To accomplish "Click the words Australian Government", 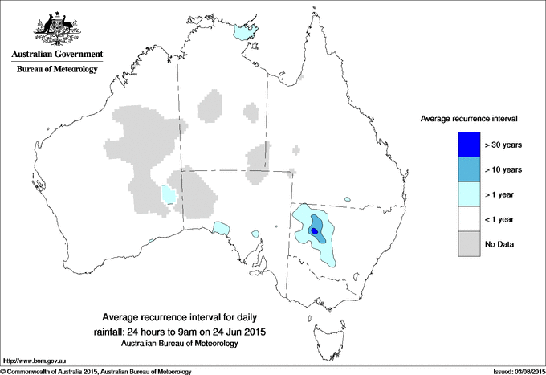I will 57,55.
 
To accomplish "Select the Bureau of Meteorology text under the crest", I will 57,70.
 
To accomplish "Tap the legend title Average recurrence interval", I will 469,118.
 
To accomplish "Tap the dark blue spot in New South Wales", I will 315,231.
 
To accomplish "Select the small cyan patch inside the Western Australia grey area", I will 169,194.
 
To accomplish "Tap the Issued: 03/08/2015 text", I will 516,371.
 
